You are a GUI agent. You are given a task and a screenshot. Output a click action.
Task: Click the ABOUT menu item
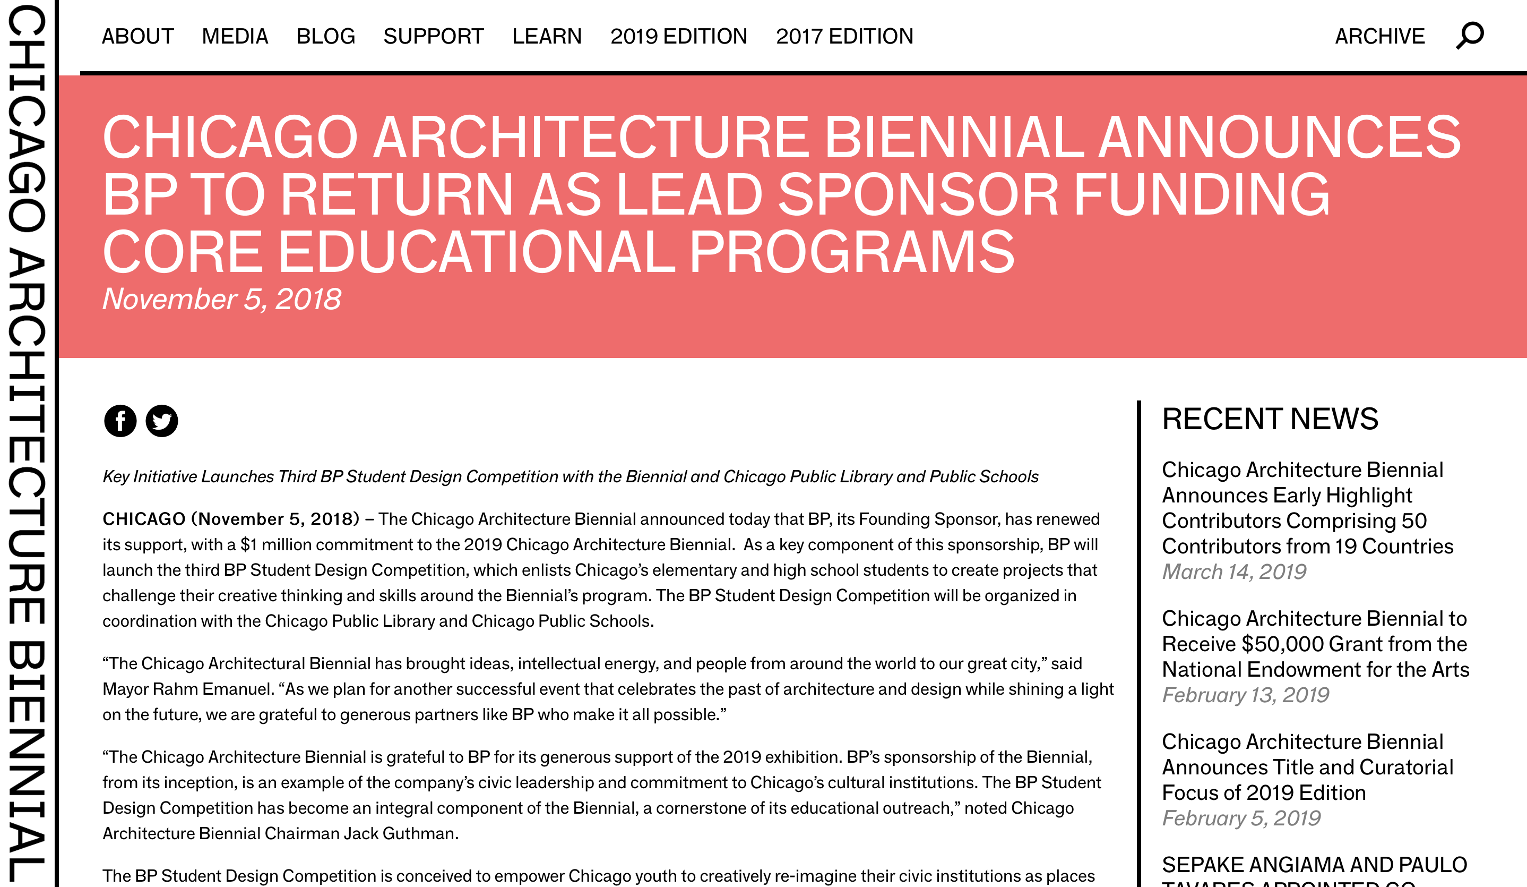(x=137, y=36)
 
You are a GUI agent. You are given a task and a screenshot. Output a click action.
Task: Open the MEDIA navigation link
(x=235, y=36)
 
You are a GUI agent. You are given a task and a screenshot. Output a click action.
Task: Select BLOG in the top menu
(x=325, y=36)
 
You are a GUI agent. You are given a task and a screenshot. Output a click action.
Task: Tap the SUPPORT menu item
(x=433, y=36)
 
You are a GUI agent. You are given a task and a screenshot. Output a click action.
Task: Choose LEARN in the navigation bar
(x=547, y=36)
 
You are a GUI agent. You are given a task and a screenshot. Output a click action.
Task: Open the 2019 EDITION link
(x=679, y=36)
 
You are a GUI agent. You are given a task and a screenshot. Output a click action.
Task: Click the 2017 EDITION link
(x=844, y=36)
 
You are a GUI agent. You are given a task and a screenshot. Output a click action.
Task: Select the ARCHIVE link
(x=1380, y=36)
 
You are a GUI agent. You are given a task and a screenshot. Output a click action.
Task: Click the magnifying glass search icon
(x=1470, y=36)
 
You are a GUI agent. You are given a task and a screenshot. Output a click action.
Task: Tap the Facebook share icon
(x=120, y=421)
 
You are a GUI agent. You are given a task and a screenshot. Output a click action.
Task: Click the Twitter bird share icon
(x=162, y=421)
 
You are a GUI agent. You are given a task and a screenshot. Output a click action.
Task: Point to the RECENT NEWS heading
(x=1270, y=419)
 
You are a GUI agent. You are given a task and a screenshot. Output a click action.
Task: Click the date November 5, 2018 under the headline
(x=222, y=299)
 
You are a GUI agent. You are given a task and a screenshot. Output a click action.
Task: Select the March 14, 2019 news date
(x=1233, y=572)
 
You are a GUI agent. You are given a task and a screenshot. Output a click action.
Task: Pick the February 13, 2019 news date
(x=1245, y=695)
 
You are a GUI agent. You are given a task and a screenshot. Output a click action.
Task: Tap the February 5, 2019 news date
(x=1241, y=818)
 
